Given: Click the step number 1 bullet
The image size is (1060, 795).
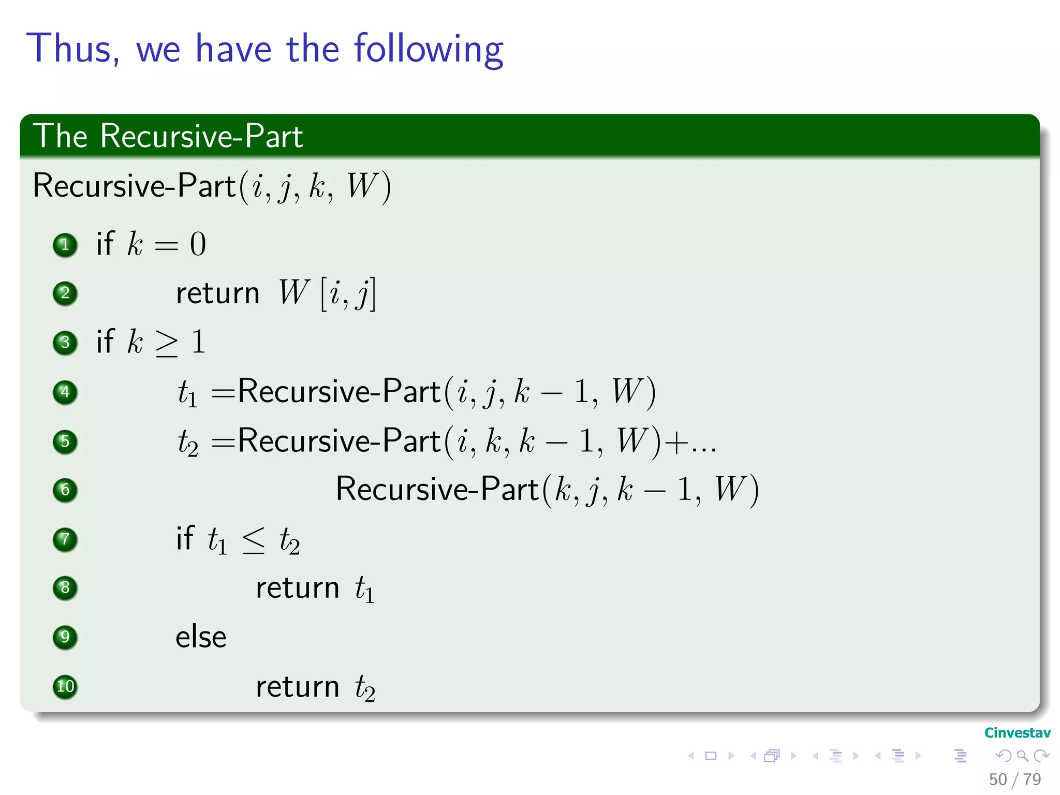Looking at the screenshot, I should coord(65,244).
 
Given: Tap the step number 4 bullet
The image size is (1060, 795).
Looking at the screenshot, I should coord(65,392).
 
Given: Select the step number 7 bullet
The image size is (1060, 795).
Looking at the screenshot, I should coord(65,539).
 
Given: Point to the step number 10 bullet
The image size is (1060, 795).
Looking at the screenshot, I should coord(65,687).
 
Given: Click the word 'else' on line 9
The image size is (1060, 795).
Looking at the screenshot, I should coord(201,637).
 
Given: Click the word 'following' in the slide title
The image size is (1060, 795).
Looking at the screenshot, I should coord(429,50).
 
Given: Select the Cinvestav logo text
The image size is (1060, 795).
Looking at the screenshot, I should coord(1017,733).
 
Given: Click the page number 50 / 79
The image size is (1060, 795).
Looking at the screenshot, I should coord(1014,779).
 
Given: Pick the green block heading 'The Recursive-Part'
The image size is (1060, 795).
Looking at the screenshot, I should coord(168,136).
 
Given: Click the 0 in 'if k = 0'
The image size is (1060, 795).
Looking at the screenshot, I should coord(198,244).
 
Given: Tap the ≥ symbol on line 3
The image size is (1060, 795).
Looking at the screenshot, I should coord(167,343).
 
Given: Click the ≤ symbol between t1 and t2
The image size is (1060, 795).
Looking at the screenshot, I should coord(254,540).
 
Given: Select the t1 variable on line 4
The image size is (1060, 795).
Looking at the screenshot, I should coord(187,393).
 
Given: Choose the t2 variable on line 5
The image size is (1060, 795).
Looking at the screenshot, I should coord(187,443).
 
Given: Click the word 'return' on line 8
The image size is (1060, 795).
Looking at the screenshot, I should coord(297,588).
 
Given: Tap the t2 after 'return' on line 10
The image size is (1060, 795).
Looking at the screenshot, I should coord(365,688).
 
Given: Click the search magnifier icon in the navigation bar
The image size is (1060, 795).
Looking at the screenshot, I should coord(1022,756).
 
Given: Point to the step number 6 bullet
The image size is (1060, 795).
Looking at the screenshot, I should coord(65,490).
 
